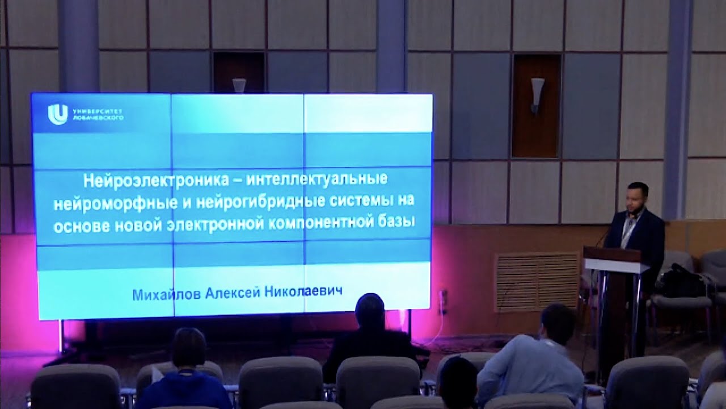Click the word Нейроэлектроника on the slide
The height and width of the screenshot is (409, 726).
[156, 181]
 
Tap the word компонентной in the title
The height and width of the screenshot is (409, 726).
[322, 224]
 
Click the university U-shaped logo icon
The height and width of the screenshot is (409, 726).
[58, 114]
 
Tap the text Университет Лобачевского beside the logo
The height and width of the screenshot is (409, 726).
[98, 114]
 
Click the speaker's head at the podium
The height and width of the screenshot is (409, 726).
[637, 197]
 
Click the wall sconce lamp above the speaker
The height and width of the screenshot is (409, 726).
[537, 95]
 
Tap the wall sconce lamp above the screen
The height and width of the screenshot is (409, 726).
[239, 86]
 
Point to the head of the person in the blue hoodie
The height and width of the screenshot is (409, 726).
[189, 348]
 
